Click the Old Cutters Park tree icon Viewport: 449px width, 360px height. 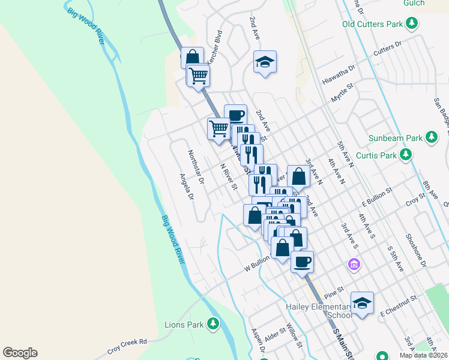[x=412, y=24]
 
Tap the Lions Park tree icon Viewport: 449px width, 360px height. [x=212, y=324]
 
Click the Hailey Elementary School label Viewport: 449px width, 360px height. [x=318, y=311]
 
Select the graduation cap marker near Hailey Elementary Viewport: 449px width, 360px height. [x=362, y=304]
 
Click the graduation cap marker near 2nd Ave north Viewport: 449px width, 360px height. [x=265, y=62]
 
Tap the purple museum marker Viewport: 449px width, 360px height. [x=354, y=264]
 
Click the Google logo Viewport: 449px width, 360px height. [x=20, y=353]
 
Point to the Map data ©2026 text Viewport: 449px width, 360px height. [x=424, y=355]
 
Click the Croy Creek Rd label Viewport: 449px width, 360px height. [x=127, y=346]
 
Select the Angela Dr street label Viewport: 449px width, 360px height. [x=187, y=187]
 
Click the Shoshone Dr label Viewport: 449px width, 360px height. [x=415, y=251]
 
